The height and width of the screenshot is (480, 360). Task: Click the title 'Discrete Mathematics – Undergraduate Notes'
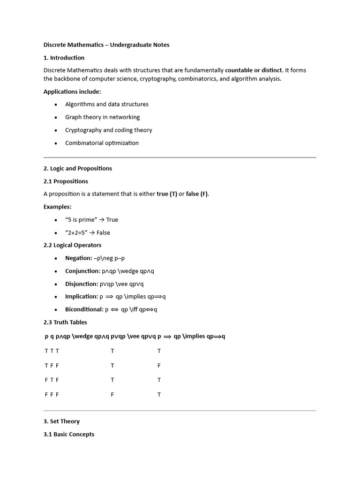point(106,45)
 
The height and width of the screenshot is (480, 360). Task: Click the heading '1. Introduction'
point(64,58)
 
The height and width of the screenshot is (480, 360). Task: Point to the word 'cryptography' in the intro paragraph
point(195,79)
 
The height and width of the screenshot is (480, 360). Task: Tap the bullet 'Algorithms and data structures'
point(106,104)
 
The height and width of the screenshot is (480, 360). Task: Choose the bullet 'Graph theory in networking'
point(102,117)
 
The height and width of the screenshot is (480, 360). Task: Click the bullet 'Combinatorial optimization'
point(102,143)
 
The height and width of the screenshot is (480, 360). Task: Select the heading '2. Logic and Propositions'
point(77,168)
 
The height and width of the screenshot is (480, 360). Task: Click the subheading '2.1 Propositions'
point(66,181)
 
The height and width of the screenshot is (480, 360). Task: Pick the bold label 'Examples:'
point(58,207)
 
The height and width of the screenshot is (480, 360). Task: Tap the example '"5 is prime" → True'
point(91,219)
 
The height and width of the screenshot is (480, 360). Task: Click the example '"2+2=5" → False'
point(88,232)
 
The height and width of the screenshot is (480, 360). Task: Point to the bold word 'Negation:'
point(79,258)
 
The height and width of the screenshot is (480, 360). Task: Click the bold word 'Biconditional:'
point(84,309)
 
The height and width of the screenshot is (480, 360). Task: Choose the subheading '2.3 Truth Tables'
point(65,322)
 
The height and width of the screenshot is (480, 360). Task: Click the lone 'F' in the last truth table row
point(112,395)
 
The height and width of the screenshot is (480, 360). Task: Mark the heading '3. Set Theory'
point(61,421)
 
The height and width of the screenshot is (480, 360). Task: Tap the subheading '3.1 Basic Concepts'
point(69,435)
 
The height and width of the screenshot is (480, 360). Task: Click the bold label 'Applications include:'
point(72,91)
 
